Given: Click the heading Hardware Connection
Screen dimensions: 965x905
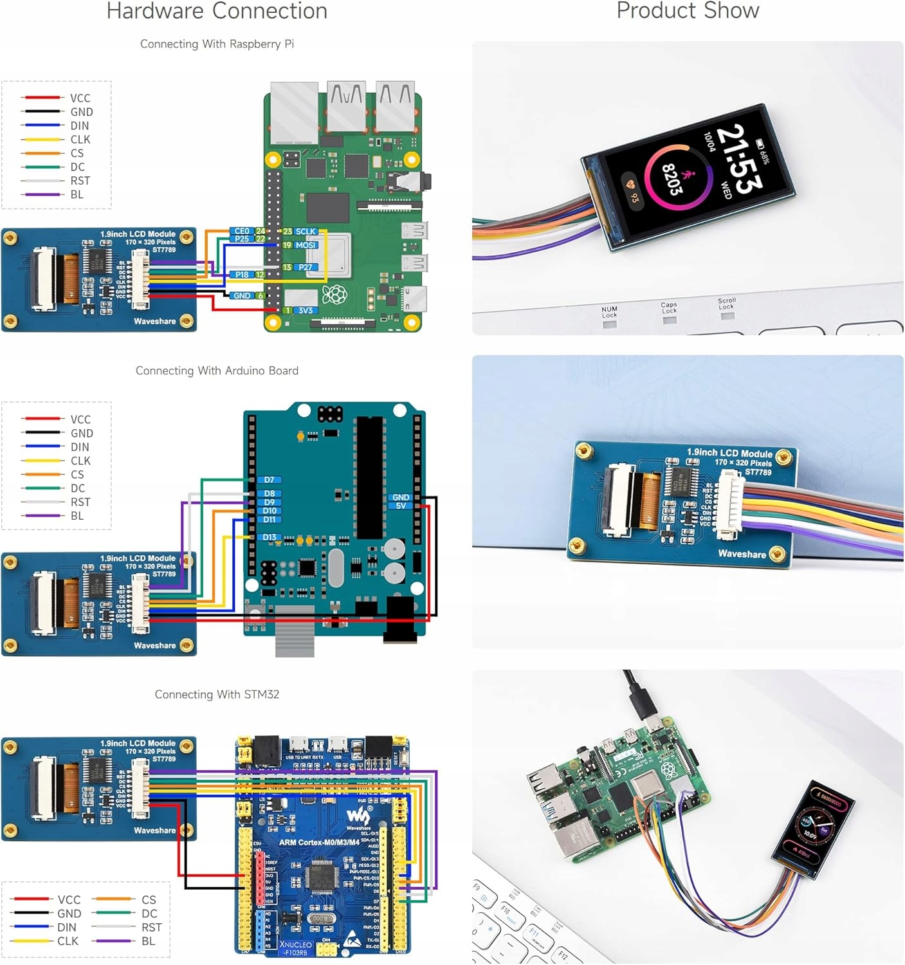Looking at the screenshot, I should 217,11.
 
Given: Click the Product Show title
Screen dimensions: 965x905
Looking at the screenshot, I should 688,11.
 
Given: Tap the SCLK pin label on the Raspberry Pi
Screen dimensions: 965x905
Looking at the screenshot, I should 306,232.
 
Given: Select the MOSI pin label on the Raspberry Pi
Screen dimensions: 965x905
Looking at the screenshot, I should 306,245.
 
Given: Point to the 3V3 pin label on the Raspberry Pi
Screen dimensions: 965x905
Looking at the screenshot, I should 306,311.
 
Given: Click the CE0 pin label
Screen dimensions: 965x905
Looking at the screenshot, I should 242,231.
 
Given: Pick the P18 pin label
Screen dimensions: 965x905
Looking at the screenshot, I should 242,275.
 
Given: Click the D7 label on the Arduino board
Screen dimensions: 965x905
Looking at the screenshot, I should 269,480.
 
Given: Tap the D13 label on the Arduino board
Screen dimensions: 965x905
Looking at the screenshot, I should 269,537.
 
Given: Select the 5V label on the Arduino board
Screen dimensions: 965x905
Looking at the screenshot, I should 401,506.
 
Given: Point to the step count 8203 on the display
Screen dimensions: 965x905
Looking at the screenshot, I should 672,179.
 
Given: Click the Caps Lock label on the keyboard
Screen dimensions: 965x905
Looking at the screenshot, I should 669,308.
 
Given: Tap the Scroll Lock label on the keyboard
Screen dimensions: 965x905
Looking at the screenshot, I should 727,304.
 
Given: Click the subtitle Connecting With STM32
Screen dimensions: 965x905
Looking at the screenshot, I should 217,695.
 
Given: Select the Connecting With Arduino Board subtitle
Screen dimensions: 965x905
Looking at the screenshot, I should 217,371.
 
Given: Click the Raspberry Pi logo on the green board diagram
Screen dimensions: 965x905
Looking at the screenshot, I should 334,295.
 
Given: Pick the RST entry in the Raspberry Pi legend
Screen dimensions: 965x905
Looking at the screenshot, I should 80,181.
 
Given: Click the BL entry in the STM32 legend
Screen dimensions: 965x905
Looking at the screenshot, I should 148,941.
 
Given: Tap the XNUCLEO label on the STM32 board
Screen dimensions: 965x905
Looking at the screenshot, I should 296,945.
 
